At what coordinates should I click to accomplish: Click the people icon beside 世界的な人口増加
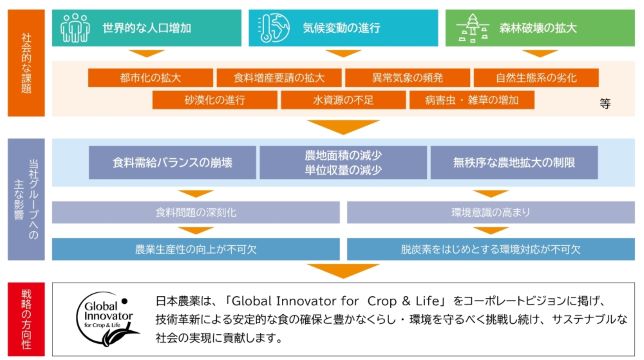[75, 28]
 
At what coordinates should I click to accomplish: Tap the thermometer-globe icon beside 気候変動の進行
[274, 28]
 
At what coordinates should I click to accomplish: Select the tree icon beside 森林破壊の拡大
[472, 28]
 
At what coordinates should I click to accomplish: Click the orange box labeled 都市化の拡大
[150, 78]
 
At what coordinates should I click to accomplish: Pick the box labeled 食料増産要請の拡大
[279, 78]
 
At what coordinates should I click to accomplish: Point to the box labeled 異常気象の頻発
[407, 78]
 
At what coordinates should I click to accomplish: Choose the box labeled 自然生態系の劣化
[536, 78]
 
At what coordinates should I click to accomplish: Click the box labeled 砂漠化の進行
[215, 100]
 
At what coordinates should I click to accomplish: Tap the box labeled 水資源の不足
[343, 100]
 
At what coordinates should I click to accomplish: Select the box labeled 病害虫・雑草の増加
[472, 100]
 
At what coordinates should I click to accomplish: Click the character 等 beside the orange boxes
[605, 103]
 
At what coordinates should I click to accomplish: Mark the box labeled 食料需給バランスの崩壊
[172, 163]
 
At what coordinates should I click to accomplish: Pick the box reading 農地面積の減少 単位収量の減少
[343, 163]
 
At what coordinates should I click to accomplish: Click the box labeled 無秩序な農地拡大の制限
[514, 163]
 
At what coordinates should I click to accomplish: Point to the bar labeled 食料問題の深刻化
[196, 212]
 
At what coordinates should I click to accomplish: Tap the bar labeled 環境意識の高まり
[491, 212]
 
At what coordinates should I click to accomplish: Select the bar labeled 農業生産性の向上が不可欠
[196, 249]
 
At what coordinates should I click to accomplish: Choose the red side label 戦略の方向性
[26, 319]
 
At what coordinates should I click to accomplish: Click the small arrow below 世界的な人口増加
[147, 53]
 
